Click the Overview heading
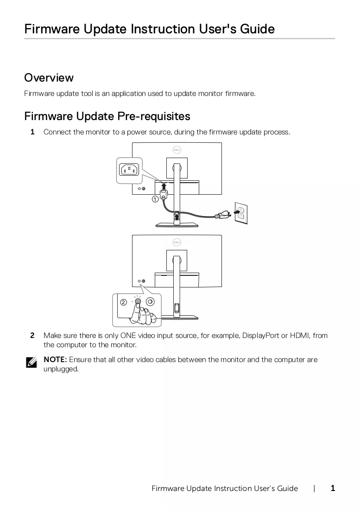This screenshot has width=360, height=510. point(49,78)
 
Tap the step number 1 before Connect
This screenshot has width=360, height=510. point(32,132)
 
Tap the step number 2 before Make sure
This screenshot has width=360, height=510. point(32,335)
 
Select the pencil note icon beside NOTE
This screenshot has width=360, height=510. point(31,362)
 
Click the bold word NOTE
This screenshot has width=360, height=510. point(55,359)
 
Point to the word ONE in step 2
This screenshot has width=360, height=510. point(128,335)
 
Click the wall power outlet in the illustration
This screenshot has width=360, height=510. point(241,213)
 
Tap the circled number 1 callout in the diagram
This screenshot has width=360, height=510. point(155,199)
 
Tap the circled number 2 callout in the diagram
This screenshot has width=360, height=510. point(123,302)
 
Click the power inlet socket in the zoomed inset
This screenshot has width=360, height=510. point(129,170)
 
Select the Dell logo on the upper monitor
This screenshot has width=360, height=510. point(177,150)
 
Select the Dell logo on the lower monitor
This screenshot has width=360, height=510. point(177,242)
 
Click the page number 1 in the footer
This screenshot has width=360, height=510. point(333,488)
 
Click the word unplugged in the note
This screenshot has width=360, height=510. point(61,369)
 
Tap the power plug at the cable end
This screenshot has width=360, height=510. point(222,215)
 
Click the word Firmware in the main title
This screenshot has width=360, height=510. point(52,29)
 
